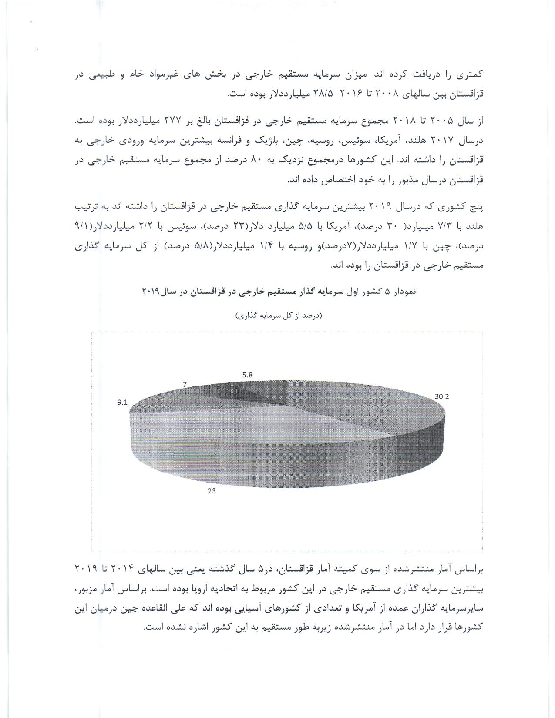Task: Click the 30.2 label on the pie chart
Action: coord(442,396)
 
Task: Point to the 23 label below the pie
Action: coord(212,491)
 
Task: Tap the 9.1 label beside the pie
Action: coord(122,402)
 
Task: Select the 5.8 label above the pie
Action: coord(247,375)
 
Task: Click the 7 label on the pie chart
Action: coord(185,385)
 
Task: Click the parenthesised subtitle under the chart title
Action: coord(279,315)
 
